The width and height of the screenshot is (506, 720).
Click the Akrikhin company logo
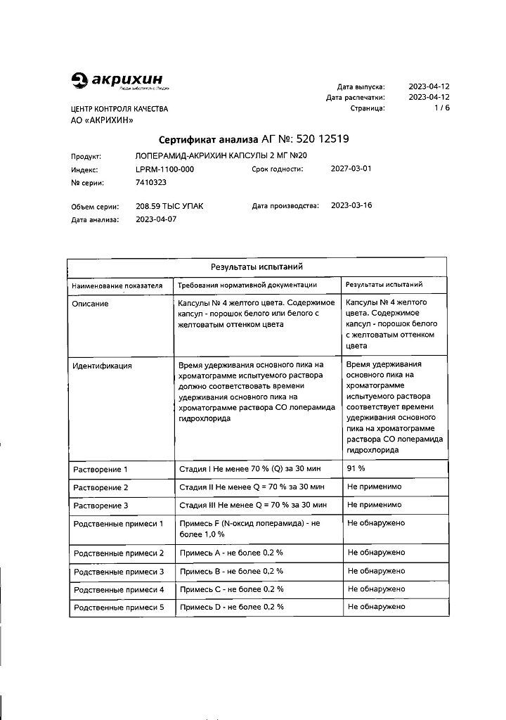point(120,82)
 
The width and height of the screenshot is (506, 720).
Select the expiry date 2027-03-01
point(351,169)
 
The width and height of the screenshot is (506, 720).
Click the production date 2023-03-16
point(351,206)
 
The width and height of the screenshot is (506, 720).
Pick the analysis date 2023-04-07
point(155,219)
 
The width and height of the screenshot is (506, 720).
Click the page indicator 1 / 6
point(441,108)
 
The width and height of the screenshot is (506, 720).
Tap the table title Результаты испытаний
point(257,267)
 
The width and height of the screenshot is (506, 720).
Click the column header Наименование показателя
point(117,285)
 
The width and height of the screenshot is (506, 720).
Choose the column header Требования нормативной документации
point(247,285)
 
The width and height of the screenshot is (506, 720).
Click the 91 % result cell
point(357,468)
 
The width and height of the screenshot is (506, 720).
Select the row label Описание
point(91,303)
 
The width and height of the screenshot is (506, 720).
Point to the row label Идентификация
point(103,366)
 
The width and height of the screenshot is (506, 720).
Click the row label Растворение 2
point(101,487)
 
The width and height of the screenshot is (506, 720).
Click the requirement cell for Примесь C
point(232,589)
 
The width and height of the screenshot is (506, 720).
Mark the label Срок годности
point(277,169)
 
